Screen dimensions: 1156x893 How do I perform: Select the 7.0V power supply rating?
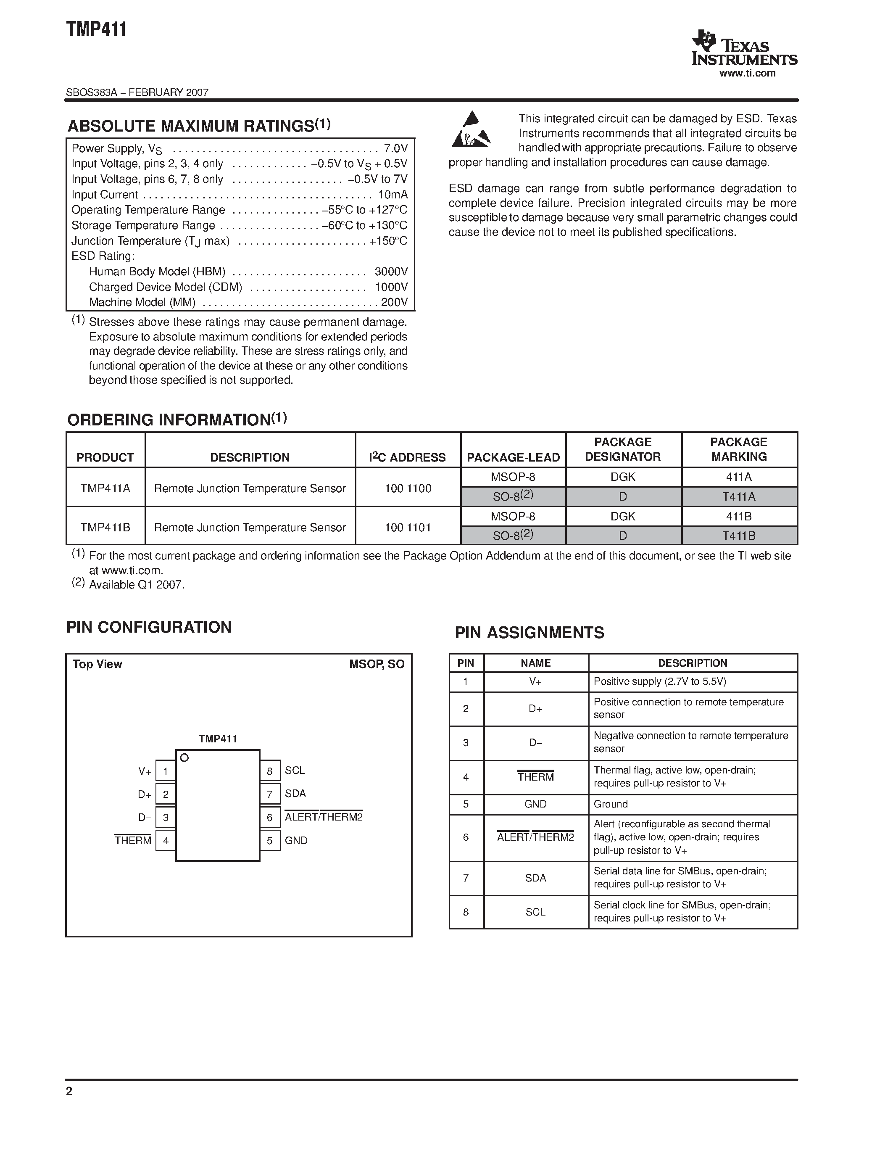coord(396,148)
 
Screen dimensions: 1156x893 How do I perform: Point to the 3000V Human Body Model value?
coord(391,272)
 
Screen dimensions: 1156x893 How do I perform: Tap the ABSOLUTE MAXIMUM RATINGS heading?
coord(198,126)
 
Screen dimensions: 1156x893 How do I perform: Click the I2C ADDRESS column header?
coord(407,457)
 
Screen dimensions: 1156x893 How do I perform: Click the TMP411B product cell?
coord(105,527)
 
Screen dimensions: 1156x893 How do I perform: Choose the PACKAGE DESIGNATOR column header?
coord(623,449)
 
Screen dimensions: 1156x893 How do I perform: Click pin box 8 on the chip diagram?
coord(270,771)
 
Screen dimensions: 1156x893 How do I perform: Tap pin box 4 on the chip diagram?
coord(166,841)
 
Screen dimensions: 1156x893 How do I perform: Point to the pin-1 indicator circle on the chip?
coord(184,758)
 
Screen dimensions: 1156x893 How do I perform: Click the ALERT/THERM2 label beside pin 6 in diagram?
coord(324,817)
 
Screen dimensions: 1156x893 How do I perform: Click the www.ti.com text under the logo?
coord(747,74)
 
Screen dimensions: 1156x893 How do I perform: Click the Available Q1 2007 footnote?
coord(137,585)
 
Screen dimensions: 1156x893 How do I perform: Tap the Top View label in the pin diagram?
coord(97,664)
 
